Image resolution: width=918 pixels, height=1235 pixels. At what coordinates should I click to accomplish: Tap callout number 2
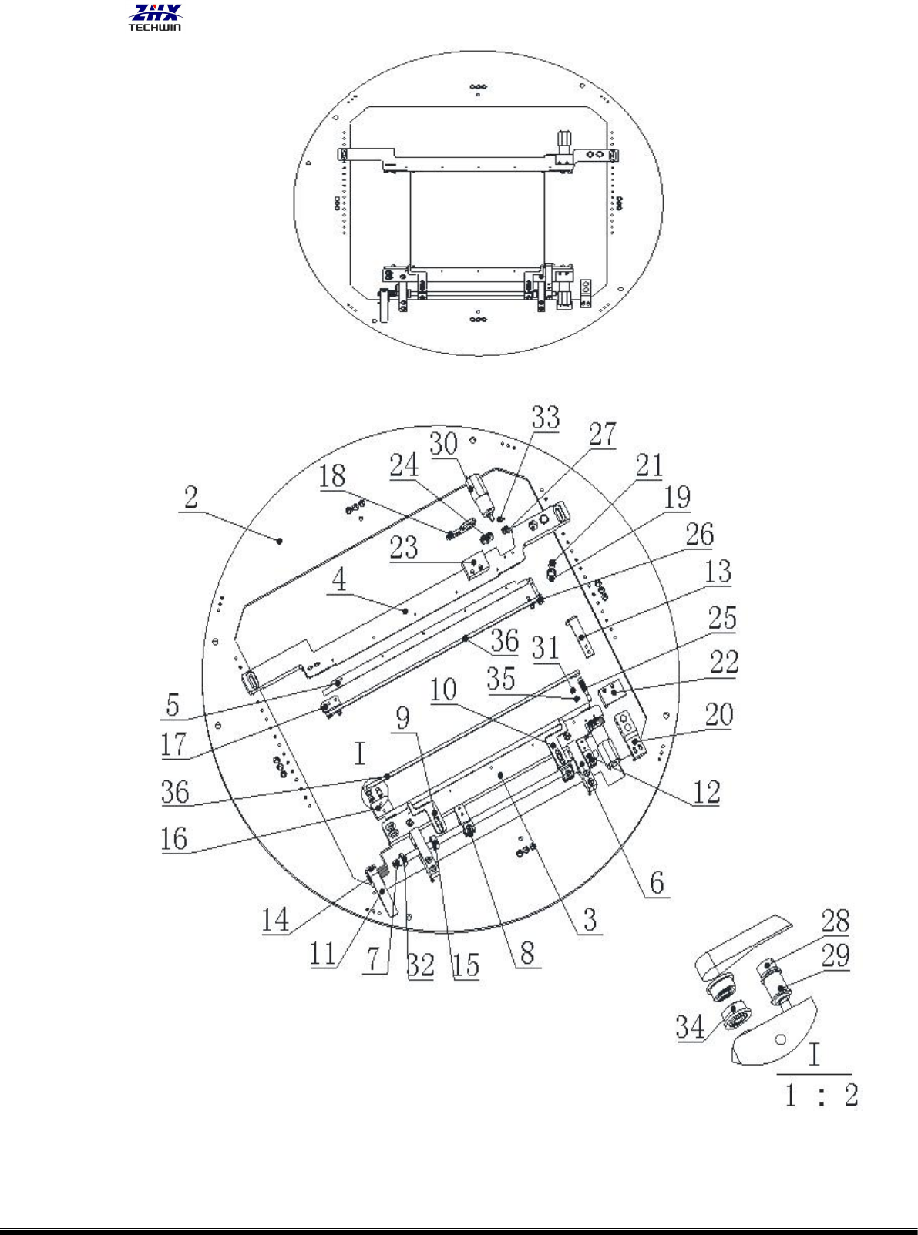click(190, 497)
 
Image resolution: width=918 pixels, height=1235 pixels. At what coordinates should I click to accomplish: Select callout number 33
click(546, 417)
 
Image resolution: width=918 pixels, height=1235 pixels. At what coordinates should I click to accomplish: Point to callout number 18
click(332, 477)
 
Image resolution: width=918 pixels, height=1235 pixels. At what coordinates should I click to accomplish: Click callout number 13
click(718, 572)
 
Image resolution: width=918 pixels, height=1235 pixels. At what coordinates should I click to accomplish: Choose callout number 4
click(339, 580)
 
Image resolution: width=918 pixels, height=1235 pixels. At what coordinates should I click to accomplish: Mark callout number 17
click(173, 744)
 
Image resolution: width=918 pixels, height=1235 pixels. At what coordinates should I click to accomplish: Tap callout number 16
click(173, 838)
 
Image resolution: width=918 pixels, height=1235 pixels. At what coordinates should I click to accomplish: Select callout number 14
click(275, 919)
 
